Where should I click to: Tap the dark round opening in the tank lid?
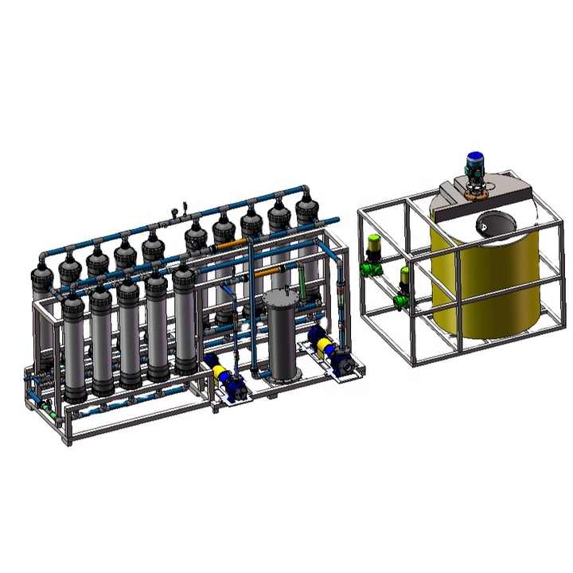(491, 224)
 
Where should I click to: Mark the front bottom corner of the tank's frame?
(413, 363)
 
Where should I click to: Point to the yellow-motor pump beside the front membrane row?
(222, 374)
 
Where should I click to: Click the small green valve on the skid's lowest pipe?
(49, 413)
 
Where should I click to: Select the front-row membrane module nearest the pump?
(185, 318)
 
